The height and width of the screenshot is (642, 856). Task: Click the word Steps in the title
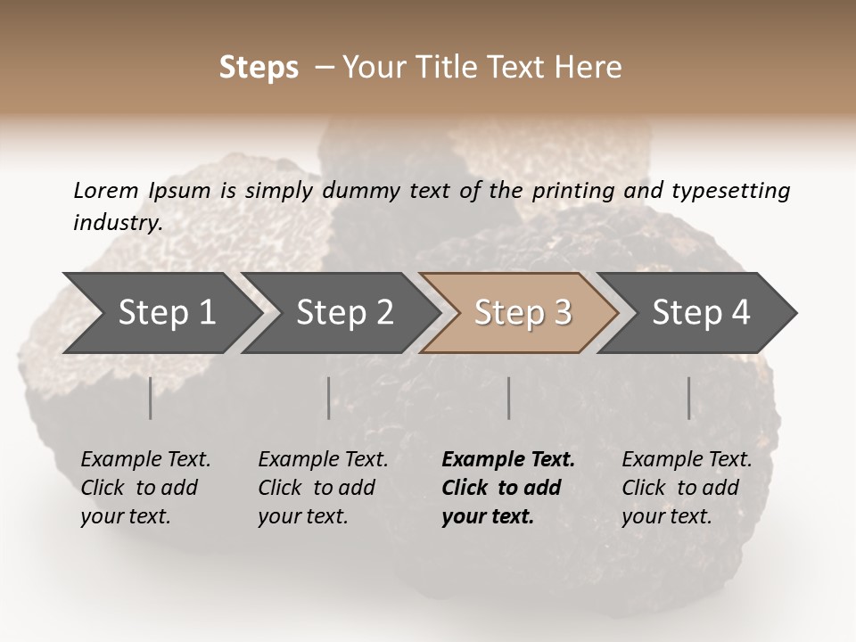tap(259, 68)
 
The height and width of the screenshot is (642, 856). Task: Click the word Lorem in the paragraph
tap(105, 190)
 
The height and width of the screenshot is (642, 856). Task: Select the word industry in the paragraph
tap(117, 223)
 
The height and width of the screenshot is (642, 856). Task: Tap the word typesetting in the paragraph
tap(730, 191)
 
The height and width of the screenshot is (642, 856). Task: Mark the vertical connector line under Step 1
tap(151, 398)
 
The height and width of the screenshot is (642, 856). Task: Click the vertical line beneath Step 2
tap(329, 398)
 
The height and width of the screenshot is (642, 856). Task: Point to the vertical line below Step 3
tap(509, 398)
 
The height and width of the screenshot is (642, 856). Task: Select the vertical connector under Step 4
tap(689, 398)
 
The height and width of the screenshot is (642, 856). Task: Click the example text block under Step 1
tap(145, 488)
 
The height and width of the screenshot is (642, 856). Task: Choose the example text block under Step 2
tap(323, 488)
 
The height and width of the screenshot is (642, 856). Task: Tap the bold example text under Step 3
tap(508, 488)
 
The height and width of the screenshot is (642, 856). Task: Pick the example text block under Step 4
tap(687, 488)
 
